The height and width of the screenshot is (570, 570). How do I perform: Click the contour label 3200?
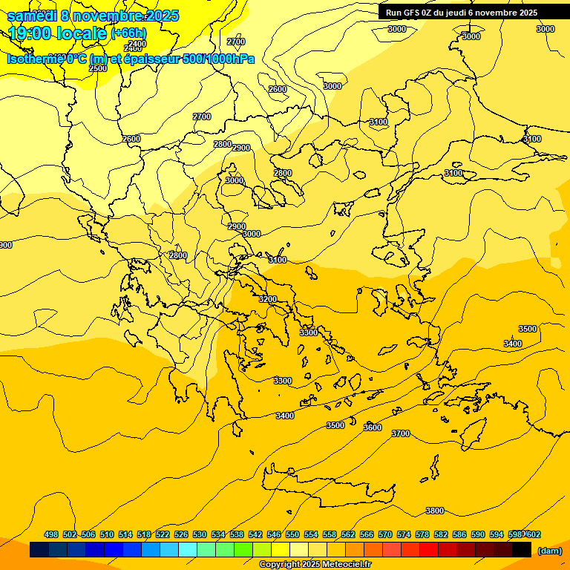pyautogui.click(x=268, y=299)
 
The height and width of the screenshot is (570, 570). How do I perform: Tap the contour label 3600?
pyautogui.click(x=373, y=427)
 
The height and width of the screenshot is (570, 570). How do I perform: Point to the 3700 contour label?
pyautogui.click(x=400, y=433)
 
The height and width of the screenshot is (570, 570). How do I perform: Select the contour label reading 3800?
pyautogui.click(x=435, y=511)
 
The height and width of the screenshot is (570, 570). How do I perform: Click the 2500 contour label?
pyautogui.click(x=98, y=68)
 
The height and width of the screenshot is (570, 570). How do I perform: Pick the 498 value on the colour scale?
pyautogui.click(x=51, y=534)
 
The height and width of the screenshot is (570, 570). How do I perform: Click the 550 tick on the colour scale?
pyautogui.click(x=292, y=534)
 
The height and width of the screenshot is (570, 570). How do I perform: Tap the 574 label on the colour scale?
pyautogui.click(x=404, y=534)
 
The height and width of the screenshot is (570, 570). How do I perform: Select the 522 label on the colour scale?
pyautogui.click(x=163, y=534)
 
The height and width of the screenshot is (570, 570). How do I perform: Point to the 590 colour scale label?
pyautogui.click(x=478, y=534)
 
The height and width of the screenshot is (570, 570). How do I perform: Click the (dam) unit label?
pyautogui.click(x=549, y=551)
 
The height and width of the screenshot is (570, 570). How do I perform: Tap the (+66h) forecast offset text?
pyautogui.click(x=128, y=33)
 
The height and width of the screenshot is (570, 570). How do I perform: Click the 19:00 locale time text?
pyautogui.click(x=57, y=33)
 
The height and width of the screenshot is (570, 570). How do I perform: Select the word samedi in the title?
pyautogui.click(x=31, y=16)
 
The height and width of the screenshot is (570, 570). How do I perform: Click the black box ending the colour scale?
pyautogui.click(x=522, y=550)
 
